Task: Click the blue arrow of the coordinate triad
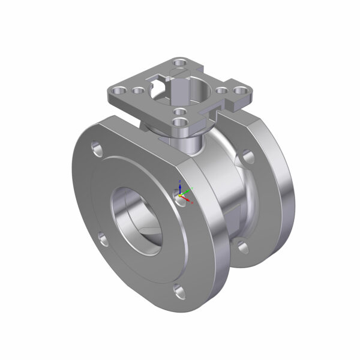180,185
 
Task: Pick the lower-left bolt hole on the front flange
104,240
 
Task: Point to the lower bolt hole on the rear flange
242,246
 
